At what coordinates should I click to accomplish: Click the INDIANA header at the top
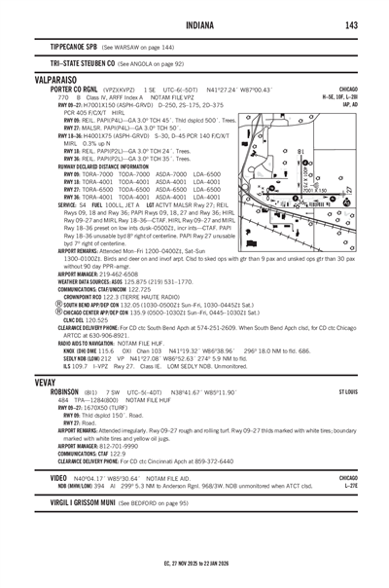click(x=194, y=24)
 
